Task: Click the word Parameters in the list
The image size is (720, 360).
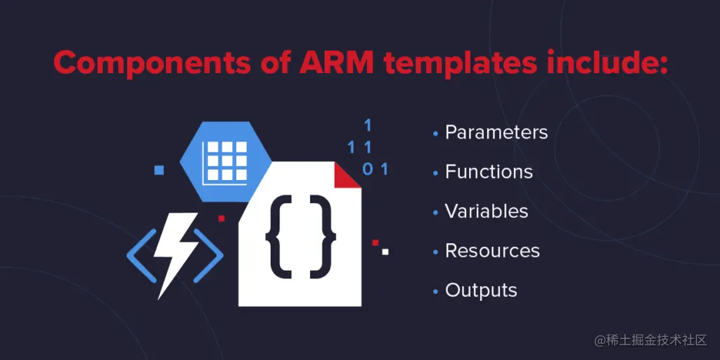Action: click(496, 132)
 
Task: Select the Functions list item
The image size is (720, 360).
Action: click(489, 172)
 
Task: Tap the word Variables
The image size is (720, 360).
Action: click(487, 211)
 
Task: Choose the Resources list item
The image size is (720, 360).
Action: click(492, 251)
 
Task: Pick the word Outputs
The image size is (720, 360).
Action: click(481, 290)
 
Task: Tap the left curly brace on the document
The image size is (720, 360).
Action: click(278, 236)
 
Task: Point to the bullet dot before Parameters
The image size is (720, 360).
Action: click(436, 133)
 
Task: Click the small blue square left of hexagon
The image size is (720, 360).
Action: click(159, 169)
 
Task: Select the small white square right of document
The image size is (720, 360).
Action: click(385, 250)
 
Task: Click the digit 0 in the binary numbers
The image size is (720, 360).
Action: click(367, 169)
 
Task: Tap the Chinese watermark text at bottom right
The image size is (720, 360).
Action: click(650, 340)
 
